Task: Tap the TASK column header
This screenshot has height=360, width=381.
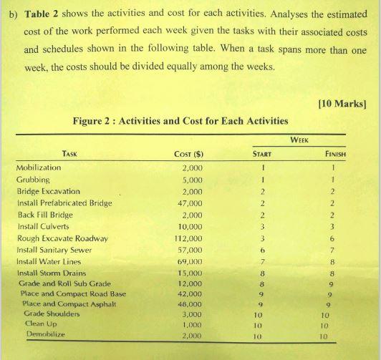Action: pyautogui.click(x=70, y=152)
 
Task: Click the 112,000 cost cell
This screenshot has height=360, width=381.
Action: pyautogui.click(x=189, y=238)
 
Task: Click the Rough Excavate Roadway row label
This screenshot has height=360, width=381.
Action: pyautogui.click(x=62, y=238)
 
